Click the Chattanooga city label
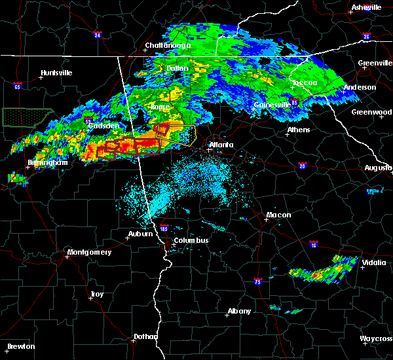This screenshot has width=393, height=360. point(168,46)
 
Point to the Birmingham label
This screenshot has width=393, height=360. point(48,162)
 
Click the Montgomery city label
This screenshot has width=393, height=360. point(90,252)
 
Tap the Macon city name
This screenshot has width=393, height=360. point(278,215)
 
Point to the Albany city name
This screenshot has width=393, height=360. point(238,311)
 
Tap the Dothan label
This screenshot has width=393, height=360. point(145,336)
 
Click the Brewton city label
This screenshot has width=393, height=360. point(21,346)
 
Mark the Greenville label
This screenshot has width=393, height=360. point(375,63)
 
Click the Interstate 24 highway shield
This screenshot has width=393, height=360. point(97,35)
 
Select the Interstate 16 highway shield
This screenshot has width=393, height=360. point(314,245)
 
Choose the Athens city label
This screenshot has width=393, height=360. point(299,130)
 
